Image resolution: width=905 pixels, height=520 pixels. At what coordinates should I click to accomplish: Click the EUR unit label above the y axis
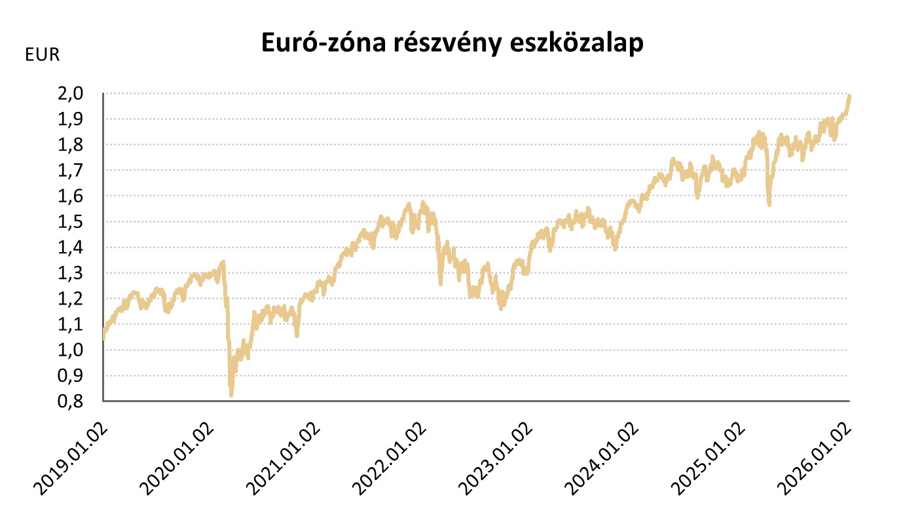[42, 55]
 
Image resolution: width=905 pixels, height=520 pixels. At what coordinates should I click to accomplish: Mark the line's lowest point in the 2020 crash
[231, 395]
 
